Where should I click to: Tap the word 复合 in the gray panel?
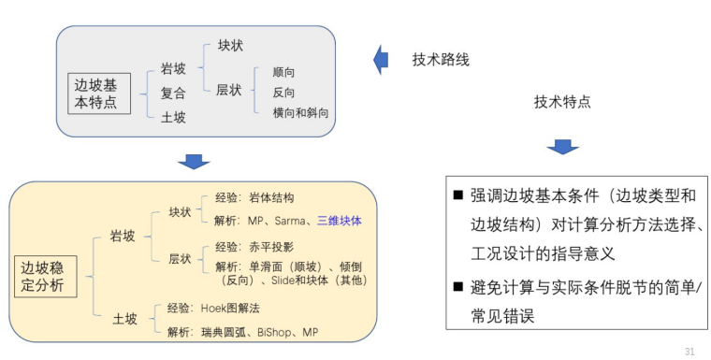[173, 93]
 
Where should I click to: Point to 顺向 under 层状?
[283, 72]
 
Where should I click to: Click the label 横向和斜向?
[299, 113]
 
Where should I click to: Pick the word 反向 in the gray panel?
[283, 93]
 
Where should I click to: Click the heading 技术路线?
[441, 60]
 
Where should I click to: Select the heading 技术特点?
[562, 101]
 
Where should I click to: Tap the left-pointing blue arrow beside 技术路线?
[381, 60]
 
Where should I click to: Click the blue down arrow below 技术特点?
[562, 147]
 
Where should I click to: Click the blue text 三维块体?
[338, 222]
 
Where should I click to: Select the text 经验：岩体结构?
[254, 198]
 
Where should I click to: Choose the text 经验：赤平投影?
[254, 248]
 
